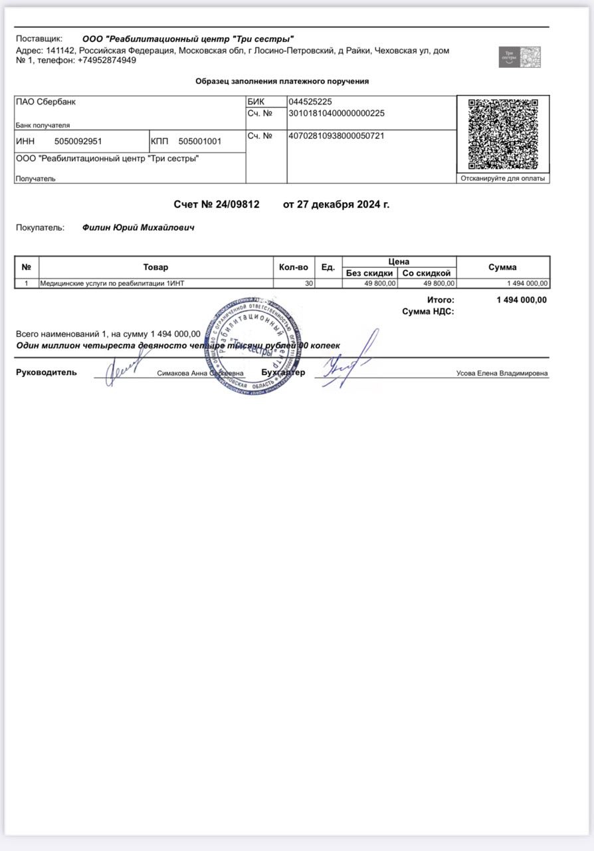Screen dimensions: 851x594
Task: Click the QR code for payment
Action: [x=503, y=134]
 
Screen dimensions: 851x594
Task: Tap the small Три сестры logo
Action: [x=520, y=57]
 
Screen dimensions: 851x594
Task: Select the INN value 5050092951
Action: [x=78, y=141]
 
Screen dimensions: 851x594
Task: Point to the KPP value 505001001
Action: [x=200, y=141]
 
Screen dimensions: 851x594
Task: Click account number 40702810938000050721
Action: [x=336, y=136]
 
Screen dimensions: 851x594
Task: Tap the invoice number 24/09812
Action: [x=237, y=204]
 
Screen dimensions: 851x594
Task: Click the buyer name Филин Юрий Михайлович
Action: [x=138, y=227]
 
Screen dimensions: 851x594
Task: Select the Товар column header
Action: [x=155, y=267]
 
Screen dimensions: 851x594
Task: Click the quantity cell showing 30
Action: [x=308, y=284]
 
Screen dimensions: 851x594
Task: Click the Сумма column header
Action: [x=502, y=267]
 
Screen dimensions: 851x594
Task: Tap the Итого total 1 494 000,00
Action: [x=522, y=300]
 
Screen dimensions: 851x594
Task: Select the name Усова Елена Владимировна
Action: [x=502, y=374]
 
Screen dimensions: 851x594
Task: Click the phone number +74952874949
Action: [x=107, y=60]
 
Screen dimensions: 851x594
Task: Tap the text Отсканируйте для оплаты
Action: [x=502, y=178]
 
